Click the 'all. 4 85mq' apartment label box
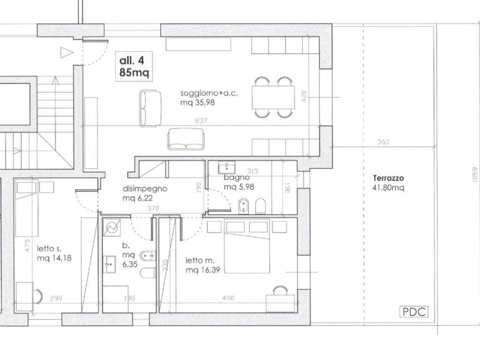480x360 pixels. (134, 67)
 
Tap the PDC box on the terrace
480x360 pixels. (414, 312)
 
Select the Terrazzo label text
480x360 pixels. (389, 178)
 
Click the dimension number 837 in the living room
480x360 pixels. (201, 120)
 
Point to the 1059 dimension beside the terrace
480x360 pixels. (475, 175)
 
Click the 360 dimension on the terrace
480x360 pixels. (383, 142)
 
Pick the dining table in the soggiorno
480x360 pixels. (273, 97)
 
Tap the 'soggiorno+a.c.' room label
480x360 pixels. (209, 93)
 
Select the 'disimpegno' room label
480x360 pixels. (145, 188)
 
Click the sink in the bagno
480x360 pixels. (226, 167)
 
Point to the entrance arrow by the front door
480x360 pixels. (67, 52)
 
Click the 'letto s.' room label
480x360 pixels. (49, 248)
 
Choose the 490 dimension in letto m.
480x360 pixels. (228, 298)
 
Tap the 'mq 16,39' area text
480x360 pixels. (202, 270)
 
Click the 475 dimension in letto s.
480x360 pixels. (27, 246)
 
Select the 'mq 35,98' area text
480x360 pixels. (197, 103)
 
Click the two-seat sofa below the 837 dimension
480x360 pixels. (186, 139)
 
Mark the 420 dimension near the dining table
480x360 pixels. (304, 97)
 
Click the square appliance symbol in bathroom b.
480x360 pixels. (112, 228)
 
